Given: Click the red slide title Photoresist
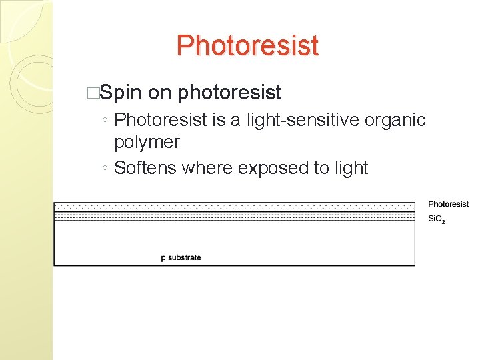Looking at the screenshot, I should coord(247,46).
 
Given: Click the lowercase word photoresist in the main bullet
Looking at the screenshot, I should coord(229,93).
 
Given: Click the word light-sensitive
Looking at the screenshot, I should coord(305,120).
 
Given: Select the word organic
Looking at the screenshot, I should coord(395,120).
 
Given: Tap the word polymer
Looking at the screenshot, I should coord(147,142).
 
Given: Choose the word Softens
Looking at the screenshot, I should coord(145,167).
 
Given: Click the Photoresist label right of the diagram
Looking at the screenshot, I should coord(448,204).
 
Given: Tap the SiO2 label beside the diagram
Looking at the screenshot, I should coord(436,219).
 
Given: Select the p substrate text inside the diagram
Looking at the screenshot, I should coord(181,257).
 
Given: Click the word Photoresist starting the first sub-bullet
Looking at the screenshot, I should coord(158,120).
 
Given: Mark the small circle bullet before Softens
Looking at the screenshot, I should coord(105,169).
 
